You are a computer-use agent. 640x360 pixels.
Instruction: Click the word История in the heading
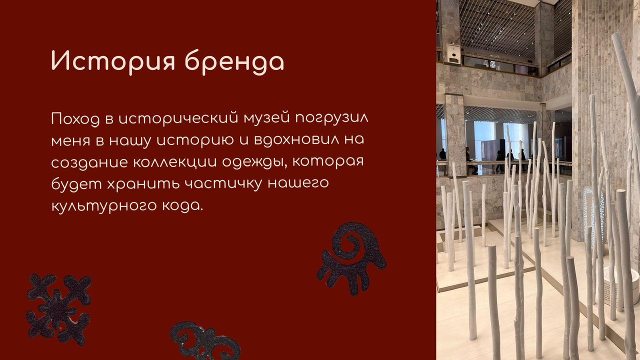[112, 61]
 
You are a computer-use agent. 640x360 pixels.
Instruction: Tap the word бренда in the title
[234, 61]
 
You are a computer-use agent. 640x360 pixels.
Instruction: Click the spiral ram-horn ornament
[351, 258]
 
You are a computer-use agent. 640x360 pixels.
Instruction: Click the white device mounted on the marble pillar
[453, 52]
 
